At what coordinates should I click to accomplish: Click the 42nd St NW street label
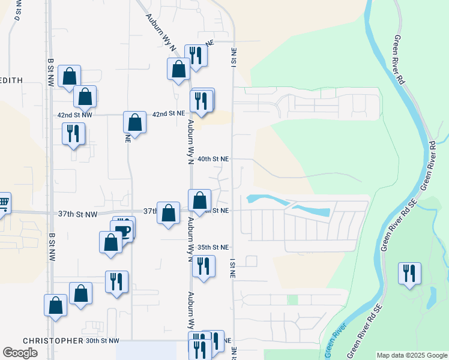coord(75,115)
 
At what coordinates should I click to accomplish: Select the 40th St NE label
coord(214,159)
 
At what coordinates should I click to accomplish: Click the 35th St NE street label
coord(214,247)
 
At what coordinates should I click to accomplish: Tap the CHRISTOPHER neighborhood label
coord(53,340)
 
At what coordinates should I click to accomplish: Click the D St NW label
coord(17,11)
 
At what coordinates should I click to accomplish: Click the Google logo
coord(20,352)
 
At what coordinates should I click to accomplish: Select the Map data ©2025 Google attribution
coord(411,355)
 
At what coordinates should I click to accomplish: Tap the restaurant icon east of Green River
coord(410,273)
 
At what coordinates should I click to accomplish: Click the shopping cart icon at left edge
coord(3,203)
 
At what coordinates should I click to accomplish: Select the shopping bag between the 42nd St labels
coord(135,122)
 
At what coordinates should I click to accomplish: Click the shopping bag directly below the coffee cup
coord(110,242)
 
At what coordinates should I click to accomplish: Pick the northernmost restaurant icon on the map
coord(196,55)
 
